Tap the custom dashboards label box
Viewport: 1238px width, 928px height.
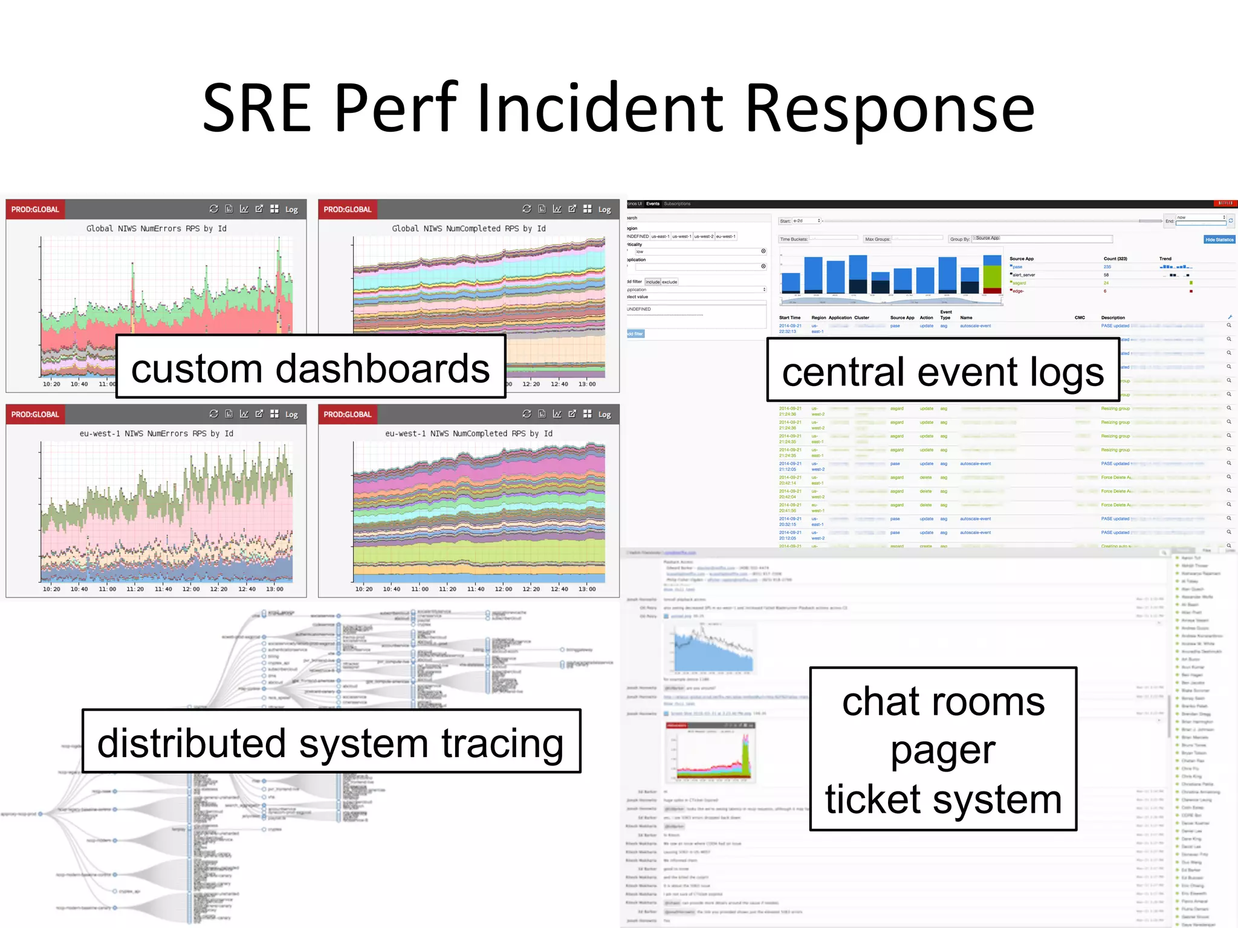(310, 367)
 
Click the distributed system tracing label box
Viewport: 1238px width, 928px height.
(331, 742)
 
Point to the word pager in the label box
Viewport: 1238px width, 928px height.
(942, 750)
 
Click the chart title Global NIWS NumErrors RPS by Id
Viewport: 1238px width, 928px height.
(156, 228)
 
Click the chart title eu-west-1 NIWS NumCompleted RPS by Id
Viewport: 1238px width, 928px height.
(468, 433)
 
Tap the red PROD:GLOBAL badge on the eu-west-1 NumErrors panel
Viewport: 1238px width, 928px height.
(35, 414)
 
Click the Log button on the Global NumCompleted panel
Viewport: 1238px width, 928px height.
(604, 210)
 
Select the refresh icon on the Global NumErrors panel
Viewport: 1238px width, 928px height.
(213, 209)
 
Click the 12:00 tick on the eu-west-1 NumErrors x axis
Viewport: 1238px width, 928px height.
(190, 589)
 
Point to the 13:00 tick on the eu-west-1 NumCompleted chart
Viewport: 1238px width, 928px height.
(586, 589)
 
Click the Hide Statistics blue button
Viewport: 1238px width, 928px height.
(1219, 240)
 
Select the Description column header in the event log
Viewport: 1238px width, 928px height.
(1112, 318)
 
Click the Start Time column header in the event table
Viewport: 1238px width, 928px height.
(789, 318)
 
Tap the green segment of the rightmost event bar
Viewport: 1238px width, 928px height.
(992, 277)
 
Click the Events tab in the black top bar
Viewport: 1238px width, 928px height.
(652, 204)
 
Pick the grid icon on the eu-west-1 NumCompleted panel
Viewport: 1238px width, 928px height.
(587, 414)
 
